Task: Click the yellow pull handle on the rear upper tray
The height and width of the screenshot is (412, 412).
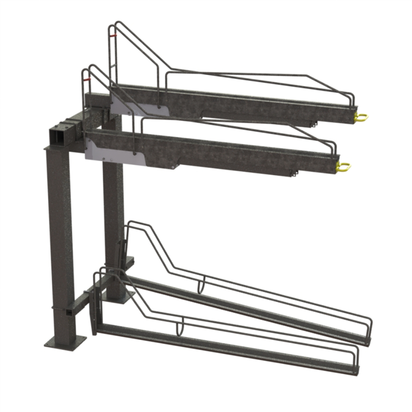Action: point(361,116)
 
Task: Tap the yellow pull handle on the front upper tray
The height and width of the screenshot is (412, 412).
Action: point(344,166)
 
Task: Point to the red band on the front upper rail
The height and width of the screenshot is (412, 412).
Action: point(86,79)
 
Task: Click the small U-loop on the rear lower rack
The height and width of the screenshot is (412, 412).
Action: point(201,286)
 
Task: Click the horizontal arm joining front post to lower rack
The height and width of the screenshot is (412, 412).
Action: point(79,302)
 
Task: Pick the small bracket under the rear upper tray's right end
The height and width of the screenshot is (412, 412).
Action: point(313,123)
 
